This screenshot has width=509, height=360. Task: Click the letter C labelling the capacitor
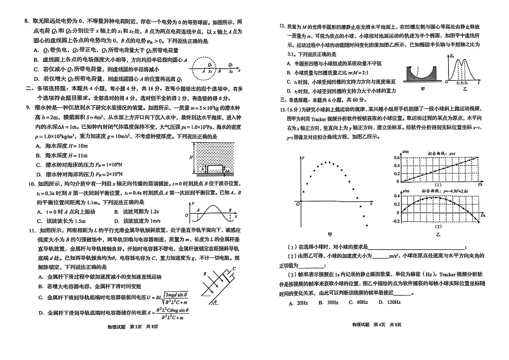233,269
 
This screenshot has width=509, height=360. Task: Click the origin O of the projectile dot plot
298,203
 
